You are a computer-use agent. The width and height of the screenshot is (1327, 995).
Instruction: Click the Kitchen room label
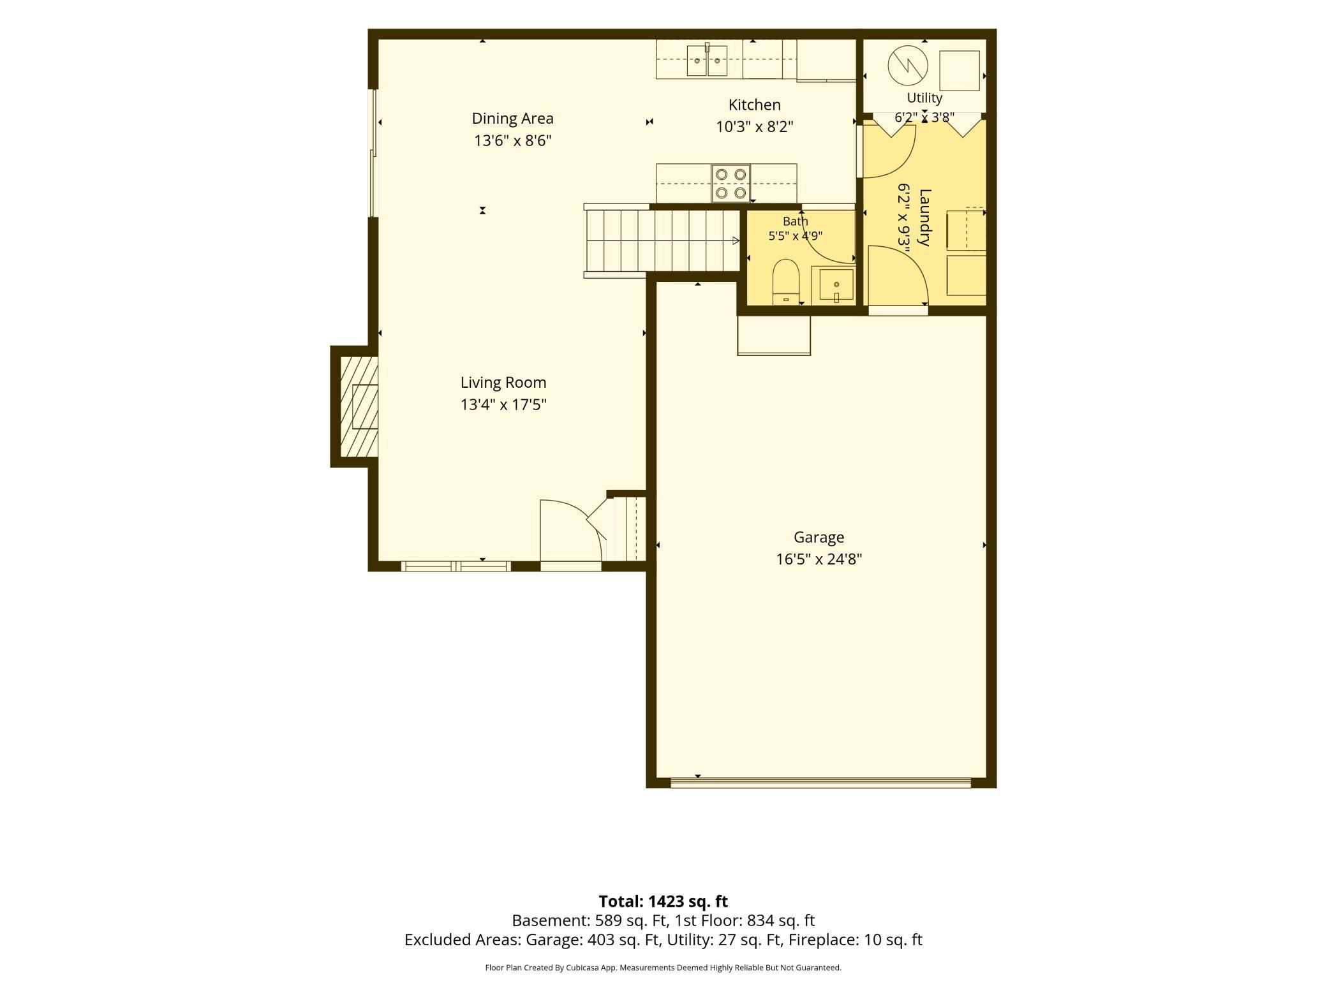(x=754, y=105)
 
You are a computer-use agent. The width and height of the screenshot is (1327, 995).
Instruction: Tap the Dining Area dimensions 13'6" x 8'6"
(x=512, y=140)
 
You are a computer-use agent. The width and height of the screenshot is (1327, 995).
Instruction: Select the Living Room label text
(x=503, y=382)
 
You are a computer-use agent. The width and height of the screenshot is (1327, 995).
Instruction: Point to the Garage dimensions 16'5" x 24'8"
(x=819, y=559)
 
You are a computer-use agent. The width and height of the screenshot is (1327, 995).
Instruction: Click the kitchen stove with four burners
(x=730, y=183)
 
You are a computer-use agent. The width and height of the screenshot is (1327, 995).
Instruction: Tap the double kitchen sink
(x=707, y=61)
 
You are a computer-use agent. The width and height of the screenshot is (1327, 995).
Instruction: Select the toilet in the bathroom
(x=785, y=282)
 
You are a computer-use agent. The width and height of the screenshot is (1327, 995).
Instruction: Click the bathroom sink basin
(x=836, y=284)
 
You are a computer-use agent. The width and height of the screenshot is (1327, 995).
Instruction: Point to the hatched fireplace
(x=359, y=406)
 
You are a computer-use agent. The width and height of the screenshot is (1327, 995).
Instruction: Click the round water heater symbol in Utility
(x=908, y=65)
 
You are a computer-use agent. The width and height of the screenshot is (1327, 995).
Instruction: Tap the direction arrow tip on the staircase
(x=739, y=241)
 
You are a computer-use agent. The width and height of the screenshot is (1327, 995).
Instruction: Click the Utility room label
(x=924, y=98)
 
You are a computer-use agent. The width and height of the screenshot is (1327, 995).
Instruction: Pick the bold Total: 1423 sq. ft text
(x=663, y=901)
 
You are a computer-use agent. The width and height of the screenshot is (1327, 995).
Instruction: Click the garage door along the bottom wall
(x=820, y=783)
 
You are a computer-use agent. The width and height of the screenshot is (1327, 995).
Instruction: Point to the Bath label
(x=795, y=221)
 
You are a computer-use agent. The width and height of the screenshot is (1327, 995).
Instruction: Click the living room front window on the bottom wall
(x=456, y=566)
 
